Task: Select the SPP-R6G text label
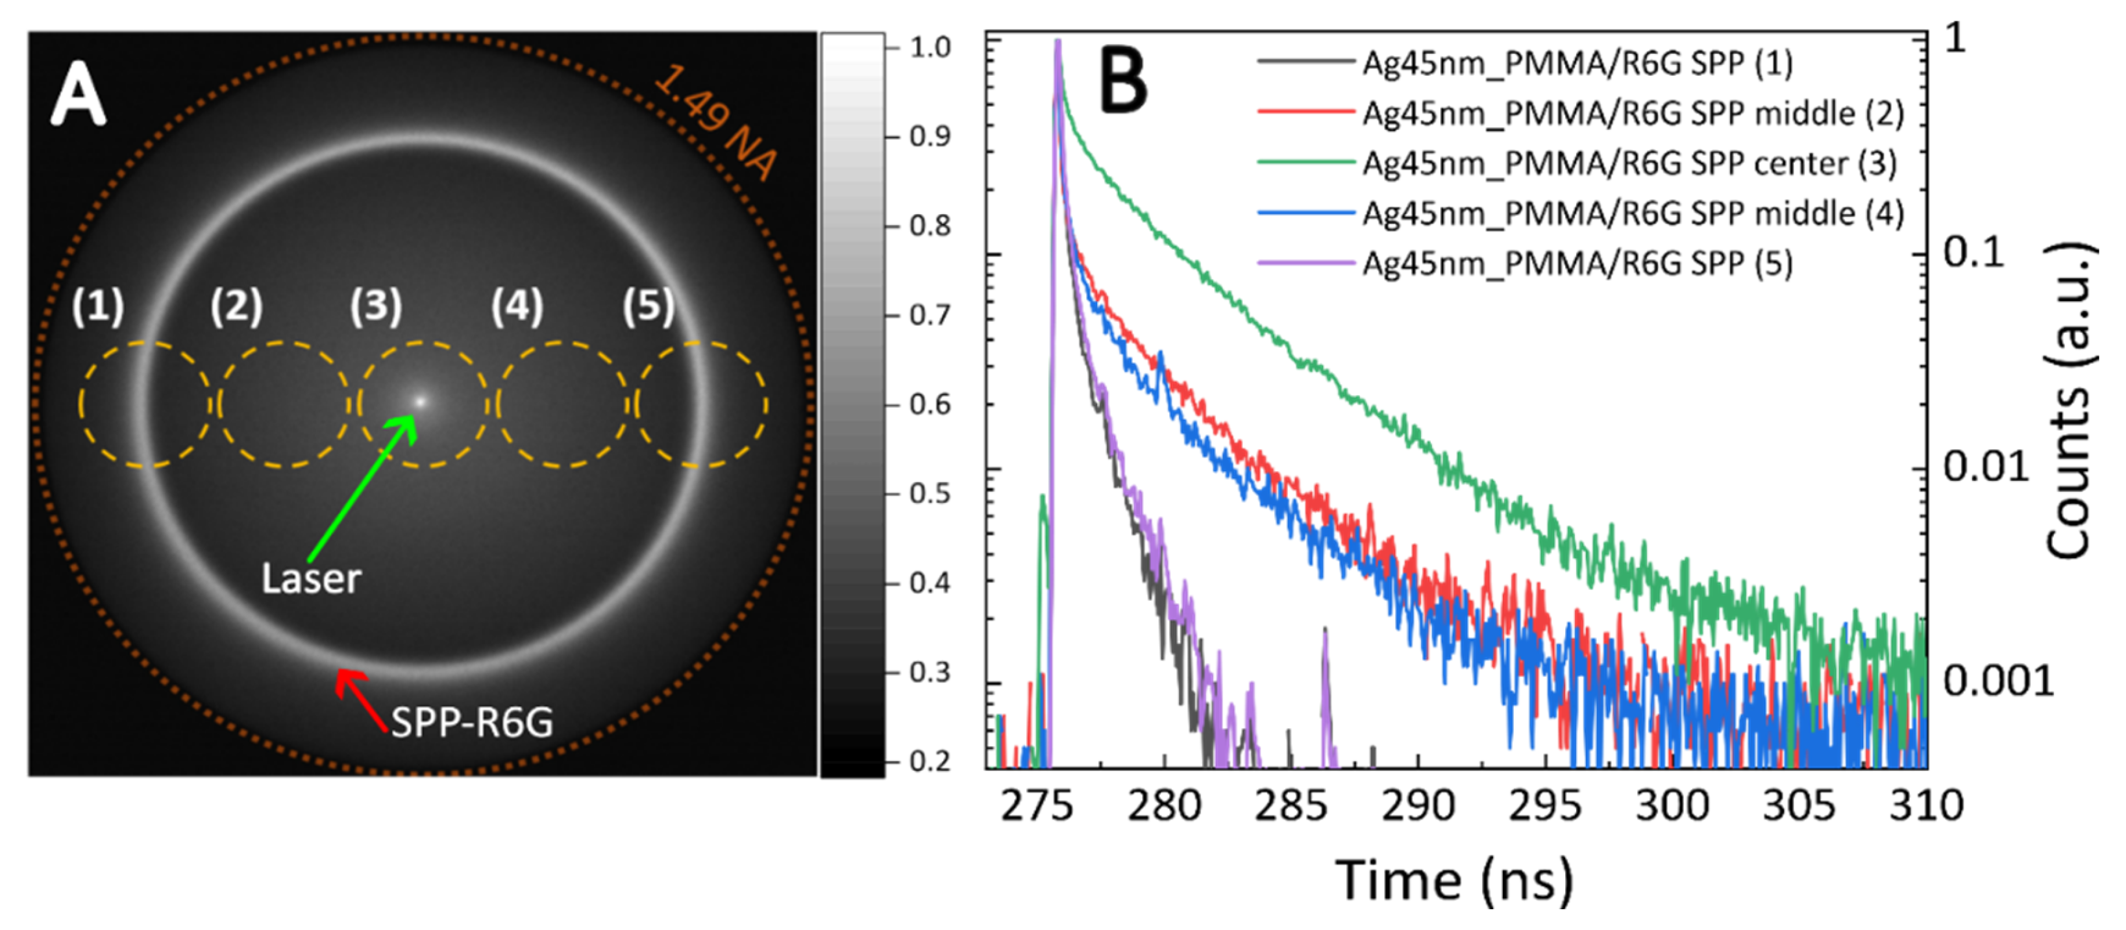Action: pyautogui.click(x=471, y=723)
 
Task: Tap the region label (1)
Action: pyautogui.click(x=97, y=307)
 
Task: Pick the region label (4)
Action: pyautogui.click(x=517, y=307)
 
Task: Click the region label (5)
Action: pyautogui.click(x=648, y=307)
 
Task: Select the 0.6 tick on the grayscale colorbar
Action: pyautogui.click(x=930, y=404)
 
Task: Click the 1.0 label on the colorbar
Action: pyautogui.click(x=930, y=47)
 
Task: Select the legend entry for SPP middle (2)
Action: pyautogui.click(x=1633, y=113)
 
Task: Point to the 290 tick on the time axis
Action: pyautogui.click(x=1418, y=805)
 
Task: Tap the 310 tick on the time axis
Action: pyautogui.click(x=1925, y=805)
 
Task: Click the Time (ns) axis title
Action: pyautogui.click(x=1454, y=881)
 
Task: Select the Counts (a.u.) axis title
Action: pyautogui.click(x=2068, y=401)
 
